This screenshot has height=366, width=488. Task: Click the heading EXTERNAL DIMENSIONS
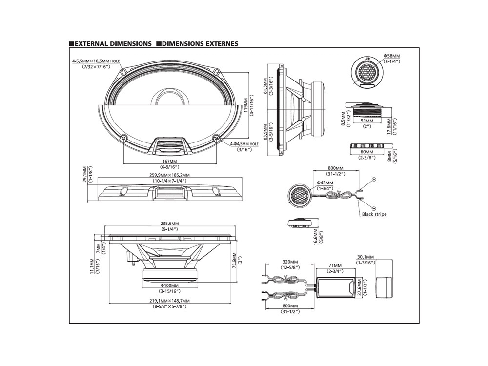click(113, 44)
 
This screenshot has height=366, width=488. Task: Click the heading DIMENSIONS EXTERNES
click(200, 44)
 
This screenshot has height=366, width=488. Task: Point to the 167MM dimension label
click(169, 161)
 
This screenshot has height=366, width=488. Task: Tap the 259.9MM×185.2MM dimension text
click(169, 175)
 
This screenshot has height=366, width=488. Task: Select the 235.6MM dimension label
click(169, 223)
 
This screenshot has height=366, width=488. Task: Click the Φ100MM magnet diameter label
click(169, 285)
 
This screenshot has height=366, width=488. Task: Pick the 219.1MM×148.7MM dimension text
click(169, 301)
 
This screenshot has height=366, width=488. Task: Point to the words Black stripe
click(374, 214)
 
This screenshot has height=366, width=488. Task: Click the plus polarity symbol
click(374, 180)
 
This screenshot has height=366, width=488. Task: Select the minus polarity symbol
click(373, 208)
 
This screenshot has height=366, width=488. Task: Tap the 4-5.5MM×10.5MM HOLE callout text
click(96, 61)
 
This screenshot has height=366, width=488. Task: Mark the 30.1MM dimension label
click(365, 257)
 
